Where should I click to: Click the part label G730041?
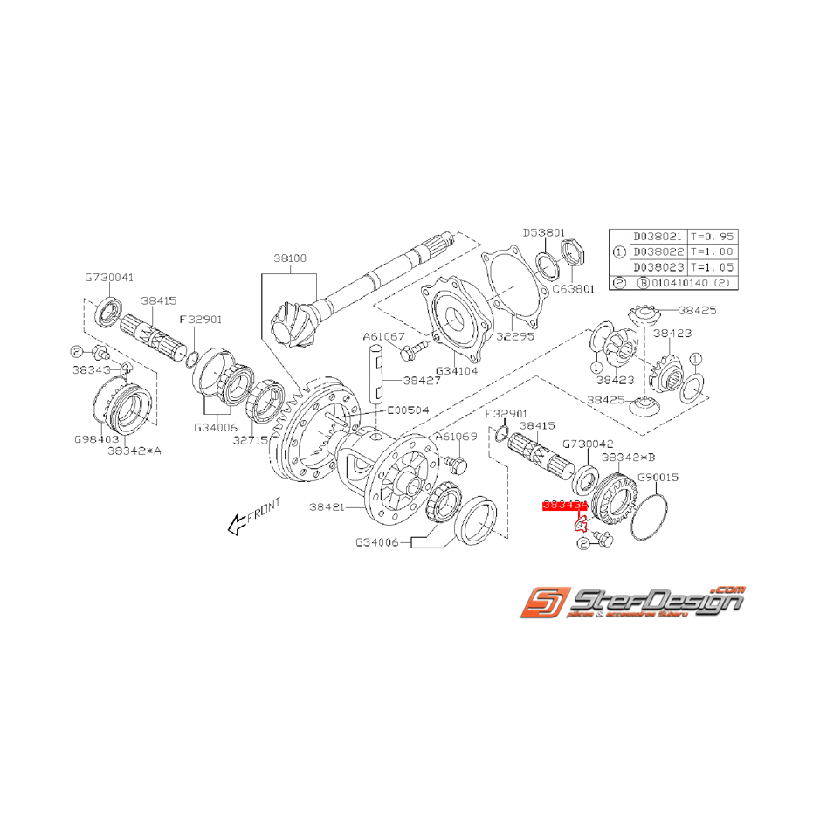tap(109, 277)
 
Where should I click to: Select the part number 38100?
tap(290, 259)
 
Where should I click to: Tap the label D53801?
tap(544, 233)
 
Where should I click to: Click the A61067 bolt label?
tap(385, 336)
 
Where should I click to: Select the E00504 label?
tap(410, 408)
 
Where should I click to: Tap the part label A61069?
tap(456, 437)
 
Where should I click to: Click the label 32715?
tap(251, 442)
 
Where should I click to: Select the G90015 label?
tap(658, 478)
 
